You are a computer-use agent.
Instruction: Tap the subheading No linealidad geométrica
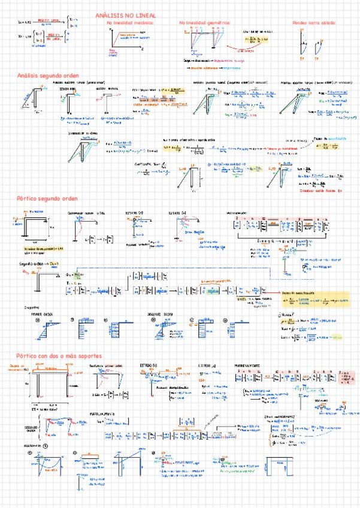tap(205, 23)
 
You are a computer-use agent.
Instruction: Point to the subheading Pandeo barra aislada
tap(314, 23)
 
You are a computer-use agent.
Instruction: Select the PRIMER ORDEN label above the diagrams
tap(46, 313)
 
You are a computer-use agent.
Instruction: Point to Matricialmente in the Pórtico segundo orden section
tap(239, 213)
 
